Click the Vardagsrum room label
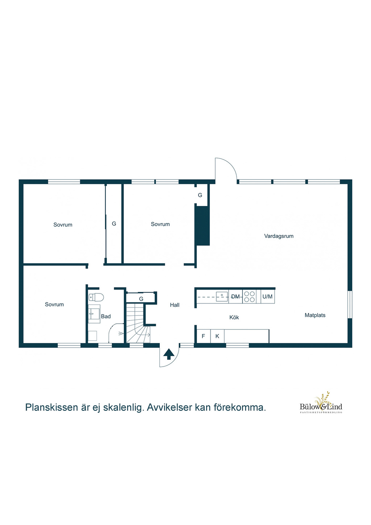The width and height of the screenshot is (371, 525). (279, 236)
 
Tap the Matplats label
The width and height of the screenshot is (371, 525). (315, 315)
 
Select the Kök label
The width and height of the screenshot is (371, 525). (234, 318)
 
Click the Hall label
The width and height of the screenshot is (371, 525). (175, 305)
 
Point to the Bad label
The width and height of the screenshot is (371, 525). (106, 317)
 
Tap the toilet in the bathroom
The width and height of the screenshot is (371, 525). (96, 297)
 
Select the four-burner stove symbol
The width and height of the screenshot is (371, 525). (249, 297)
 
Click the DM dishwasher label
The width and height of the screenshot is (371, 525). (235, 297)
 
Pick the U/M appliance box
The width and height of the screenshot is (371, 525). (267, 297)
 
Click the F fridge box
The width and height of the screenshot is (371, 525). (203, 336)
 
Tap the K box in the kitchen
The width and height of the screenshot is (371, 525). (217, 336)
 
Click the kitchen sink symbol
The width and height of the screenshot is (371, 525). (222, 297)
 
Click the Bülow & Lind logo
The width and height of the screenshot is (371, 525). (321, 403)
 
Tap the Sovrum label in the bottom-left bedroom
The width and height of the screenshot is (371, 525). (54, 305)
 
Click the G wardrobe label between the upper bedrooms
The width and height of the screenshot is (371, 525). (114, 224)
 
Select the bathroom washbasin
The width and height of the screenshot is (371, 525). (94, 314)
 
